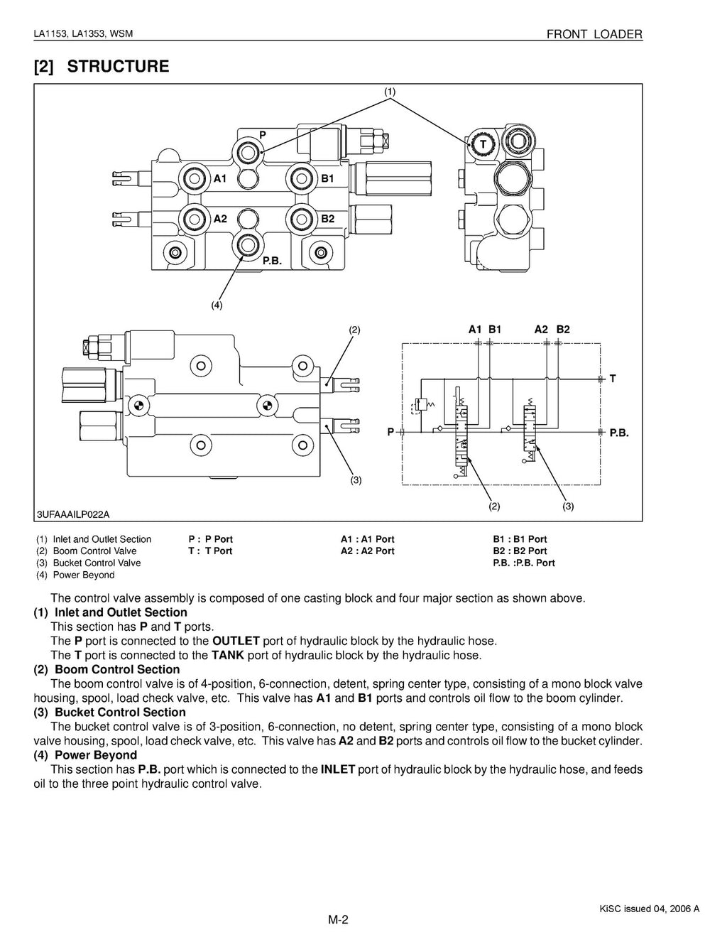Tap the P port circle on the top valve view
[x=248, y=150]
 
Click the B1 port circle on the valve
[x=299, y=178]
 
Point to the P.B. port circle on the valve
[x=248, y=244]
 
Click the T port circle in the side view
[x=483, y=144]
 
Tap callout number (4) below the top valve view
[x=217, y=305]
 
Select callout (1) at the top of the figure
[x=390, y=91]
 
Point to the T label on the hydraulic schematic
[x=612, y=379]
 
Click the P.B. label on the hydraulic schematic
[x=619, y=432]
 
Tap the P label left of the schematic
[x=390, y=432]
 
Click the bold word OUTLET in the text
[x=236, y=641]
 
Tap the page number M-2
[x=338, y=920]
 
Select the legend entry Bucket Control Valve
[x=97, y=563]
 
